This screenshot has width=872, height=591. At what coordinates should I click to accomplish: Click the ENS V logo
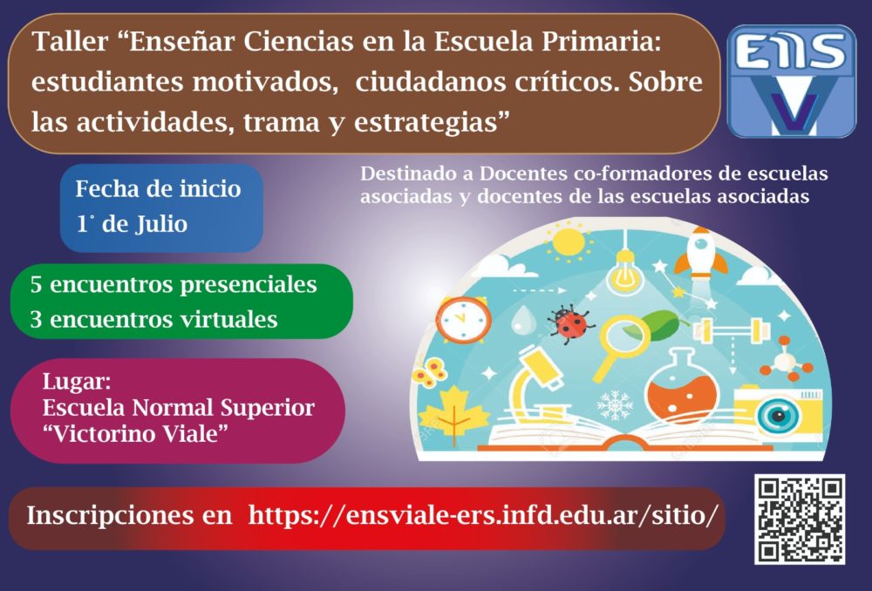[792, 81]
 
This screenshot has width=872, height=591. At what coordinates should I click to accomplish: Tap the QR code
[800, 520]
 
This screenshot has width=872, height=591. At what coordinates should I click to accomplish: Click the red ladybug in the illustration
[569, 323]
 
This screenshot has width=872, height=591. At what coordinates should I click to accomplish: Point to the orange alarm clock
[463, 319]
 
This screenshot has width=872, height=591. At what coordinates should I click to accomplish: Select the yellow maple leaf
[453, 415]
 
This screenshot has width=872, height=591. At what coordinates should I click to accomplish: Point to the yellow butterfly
[429, 371]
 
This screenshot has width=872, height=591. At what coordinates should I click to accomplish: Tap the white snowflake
[614, 404]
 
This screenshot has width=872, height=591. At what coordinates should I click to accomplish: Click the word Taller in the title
[70, 42]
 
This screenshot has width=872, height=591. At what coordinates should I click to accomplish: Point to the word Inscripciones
[130, 515]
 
